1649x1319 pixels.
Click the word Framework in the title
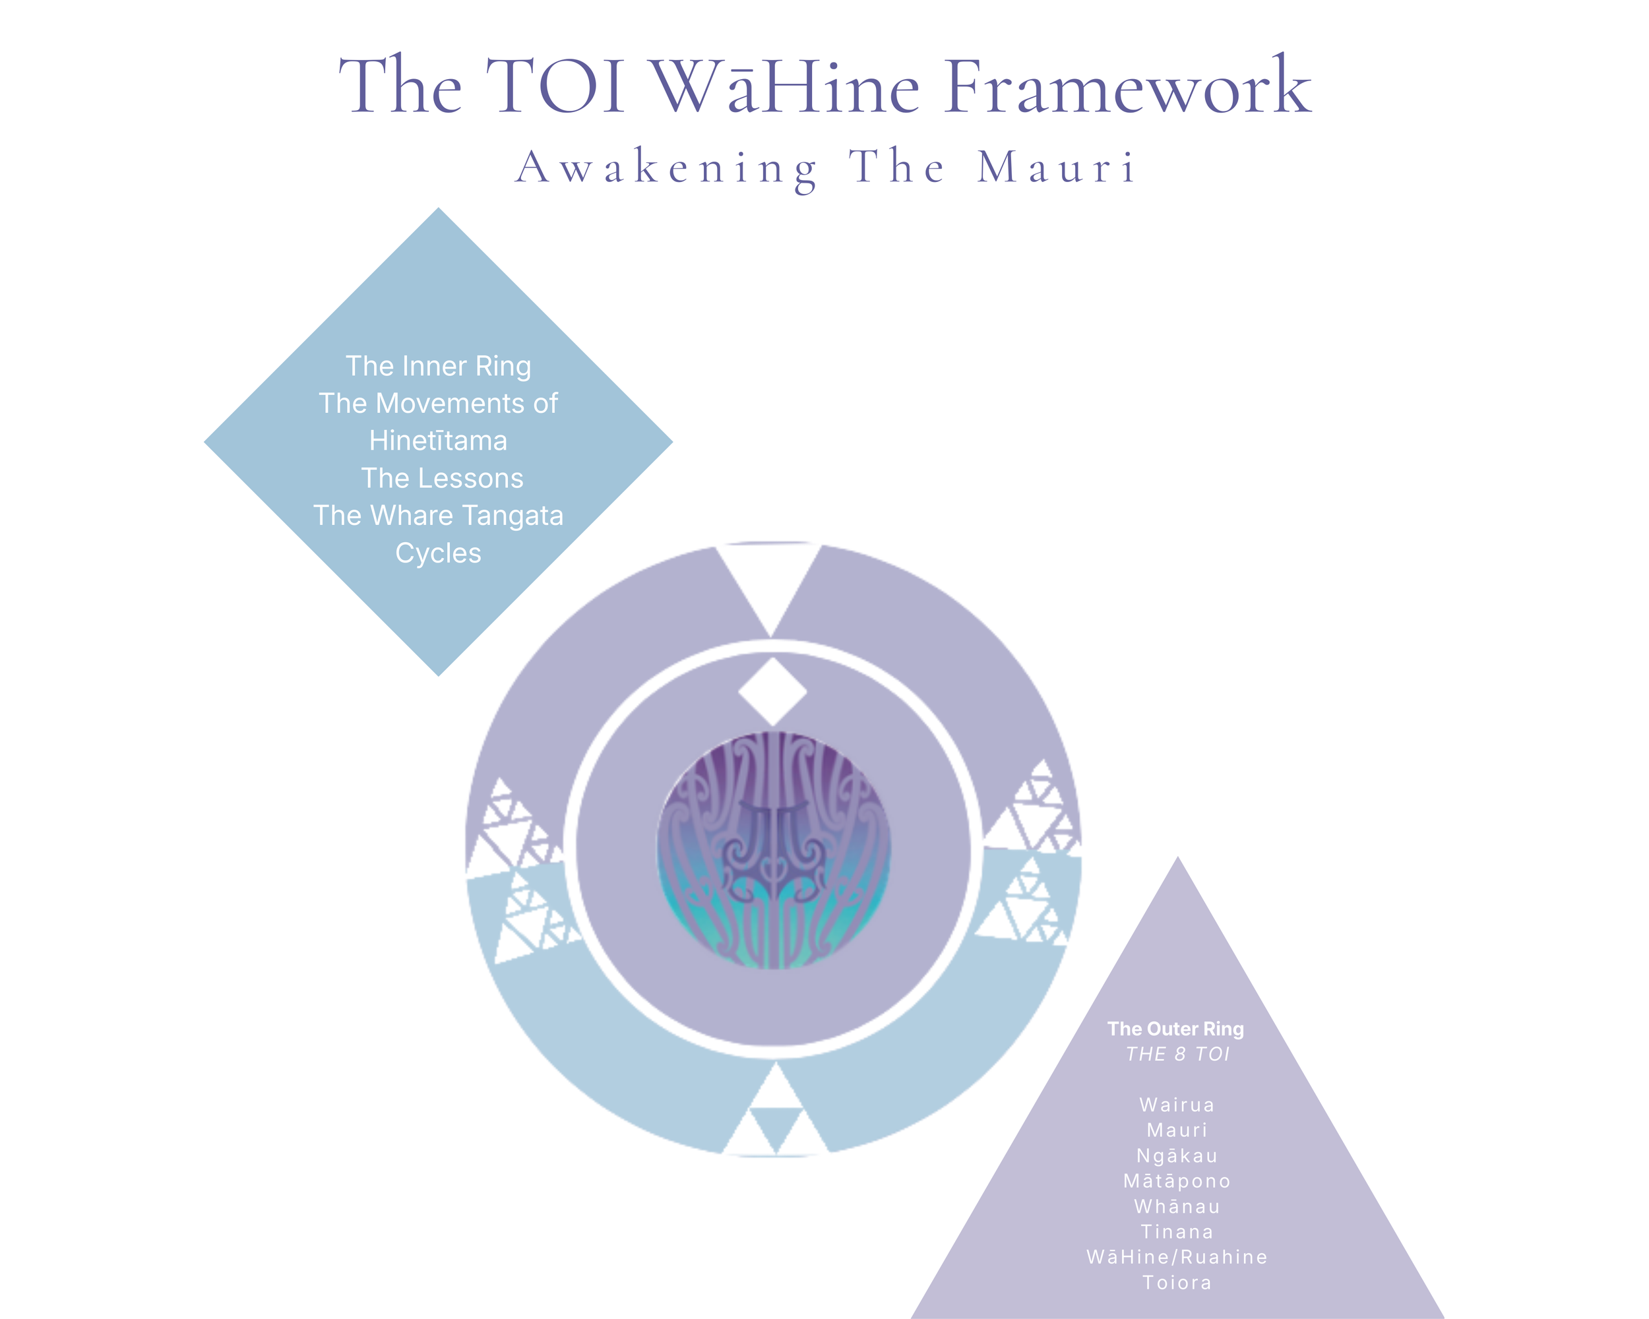pos(1127,88)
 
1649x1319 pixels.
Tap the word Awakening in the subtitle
pos(666,168)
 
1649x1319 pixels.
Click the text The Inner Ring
pos(438,366)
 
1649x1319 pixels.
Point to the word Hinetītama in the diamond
pos(438,441)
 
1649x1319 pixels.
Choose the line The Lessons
pos(442,479)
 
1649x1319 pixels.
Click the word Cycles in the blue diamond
pos(438,553)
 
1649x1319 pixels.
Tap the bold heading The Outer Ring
pos(1175,1029)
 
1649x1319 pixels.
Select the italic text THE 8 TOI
pos(1178,1055)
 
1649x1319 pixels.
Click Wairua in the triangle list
pos(1177,1105)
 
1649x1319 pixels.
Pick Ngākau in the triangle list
pos(1177,1156)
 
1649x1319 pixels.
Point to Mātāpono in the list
pos(1177,1181)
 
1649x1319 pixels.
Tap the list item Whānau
pos(1177,1207)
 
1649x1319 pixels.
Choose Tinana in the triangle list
pos(1177,1232)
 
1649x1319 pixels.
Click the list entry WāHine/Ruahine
pos(1177,1257)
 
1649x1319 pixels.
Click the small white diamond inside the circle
pos(772,691)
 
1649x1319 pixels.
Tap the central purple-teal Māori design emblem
pos(773,850)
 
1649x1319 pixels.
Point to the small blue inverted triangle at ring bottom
pos(776,1128)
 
